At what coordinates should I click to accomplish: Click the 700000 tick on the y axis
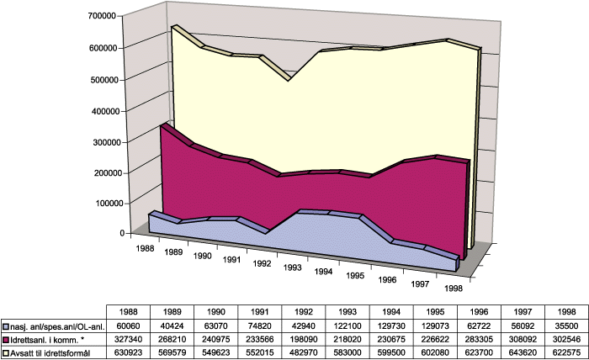[x=102, y=16]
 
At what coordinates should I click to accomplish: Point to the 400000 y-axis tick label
[x=102, y=110]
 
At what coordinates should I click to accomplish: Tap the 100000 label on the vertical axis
[x=102, y=203]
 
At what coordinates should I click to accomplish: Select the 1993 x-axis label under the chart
[x=293, y=267]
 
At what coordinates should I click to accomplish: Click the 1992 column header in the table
[x=304, y=312]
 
